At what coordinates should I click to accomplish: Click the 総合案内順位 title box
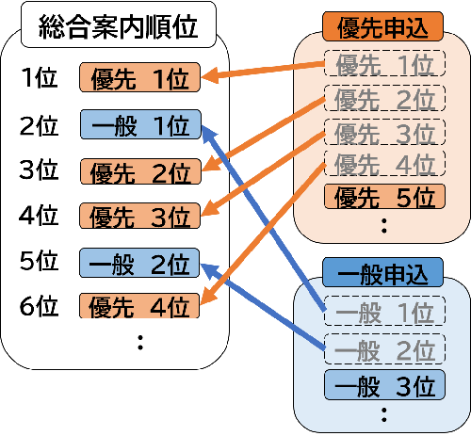121,26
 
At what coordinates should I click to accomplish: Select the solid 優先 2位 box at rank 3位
140,171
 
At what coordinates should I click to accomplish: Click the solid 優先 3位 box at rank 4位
140,216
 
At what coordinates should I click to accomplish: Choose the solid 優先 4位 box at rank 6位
140,305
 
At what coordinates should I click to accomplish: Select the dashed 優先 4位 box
382,164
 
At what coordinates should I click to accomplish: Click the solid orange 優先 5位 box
382,197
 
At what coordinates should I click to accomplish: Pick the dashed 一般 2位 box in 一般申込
382,349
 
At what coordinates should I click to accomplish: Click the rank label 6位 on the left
39,305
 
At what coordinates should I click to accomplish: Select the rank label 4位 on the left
39,216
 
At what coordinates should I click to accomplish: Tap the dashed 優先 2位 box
382,97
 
